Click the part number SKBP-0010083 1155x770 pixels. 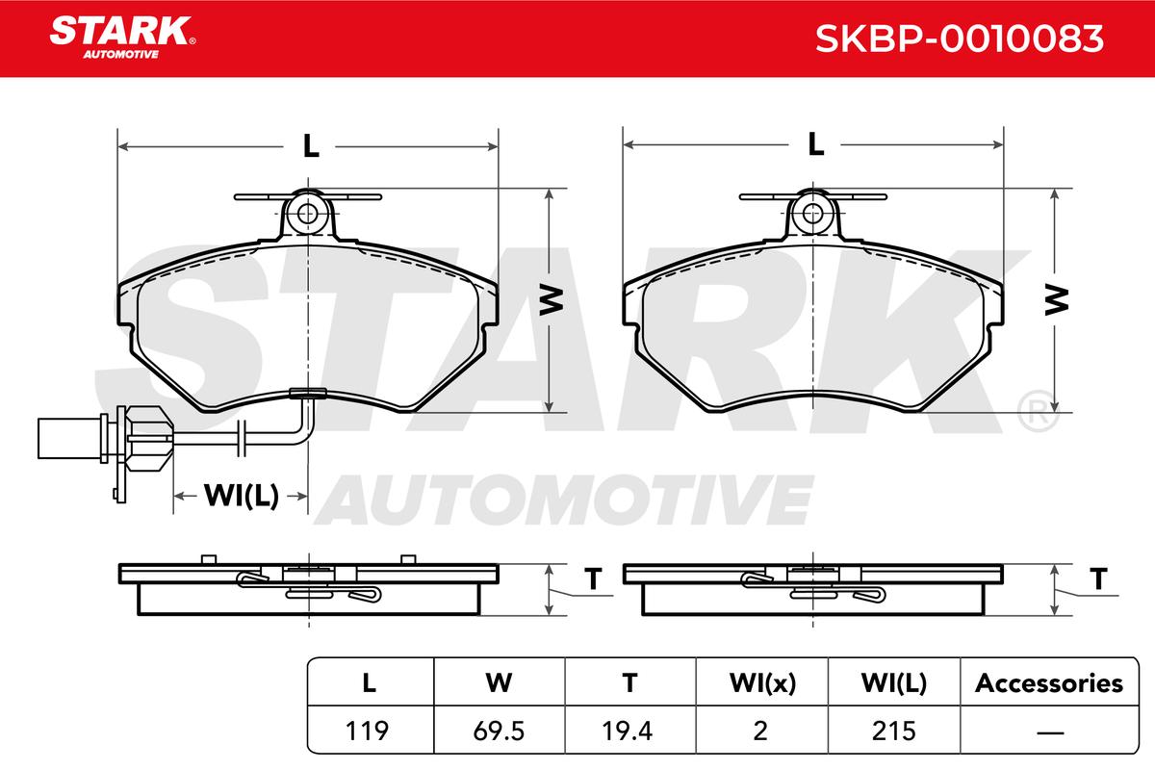click(959, 38)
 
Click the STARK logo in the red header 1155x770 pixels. click(122, 38)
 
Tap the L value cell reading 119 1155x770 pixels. click(367, 731)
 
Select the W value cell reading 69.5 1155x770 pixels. click(499, 731)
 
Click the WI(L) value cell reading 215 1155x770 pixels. click(894, 731)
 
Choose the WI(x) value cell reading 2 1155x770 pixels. click(760, 731)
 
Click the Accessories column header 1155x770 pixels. click(1049, 683)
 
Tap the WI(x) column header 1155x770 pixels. click(762, 683)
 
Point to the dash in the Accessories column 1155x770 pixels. click(1050, 732)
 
